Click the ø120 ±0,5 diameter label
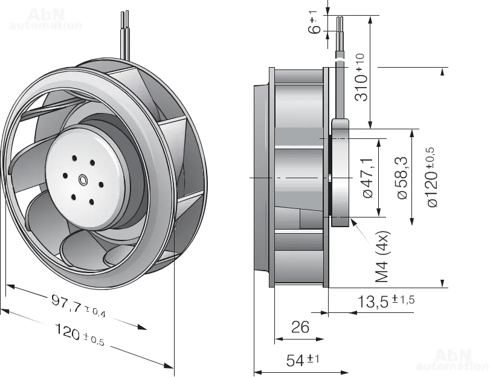click(x=431, y=177)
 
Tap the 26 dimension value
click(x=300, y=327)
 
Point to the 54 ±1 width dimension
click(x=302, y=361)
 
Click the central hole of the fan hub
click(x=83, y=179)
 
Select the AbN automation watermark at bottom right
click(x=453, y=359)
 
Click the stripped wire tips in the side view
click(x=341, y=24)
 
